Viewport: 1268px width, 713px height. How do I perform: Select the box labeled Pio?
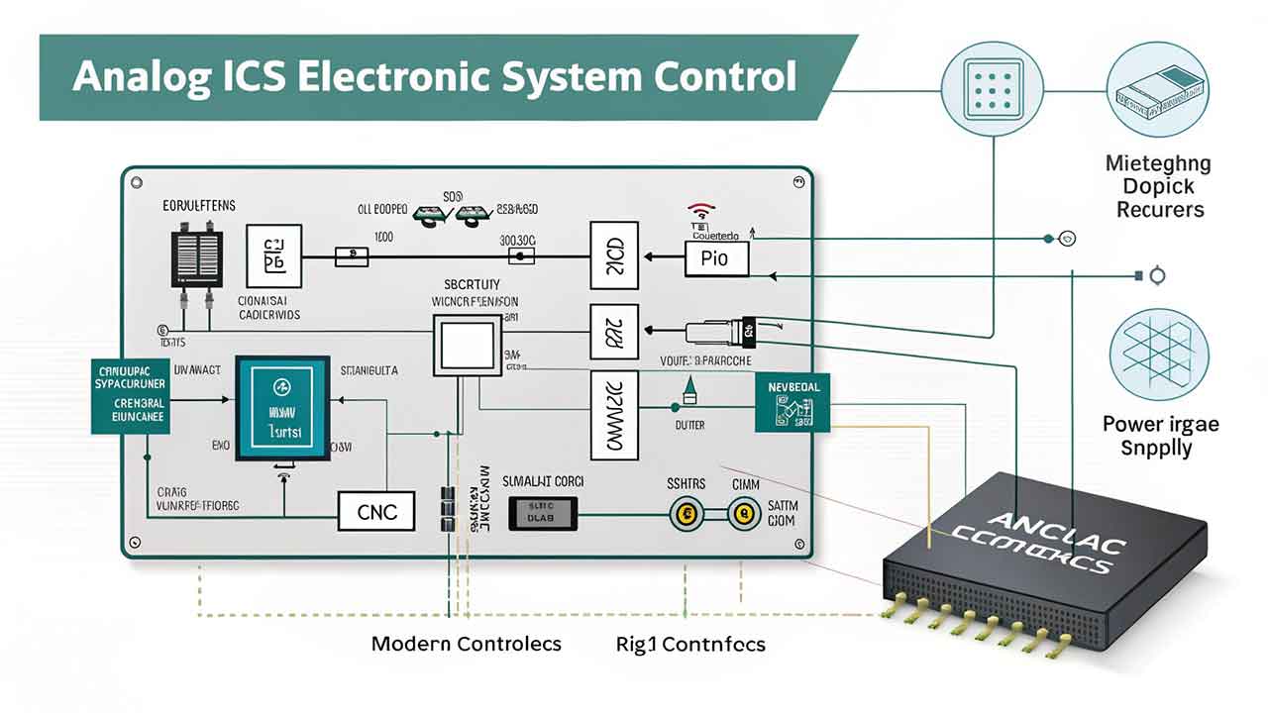pyautogui.click(x=716, y=259)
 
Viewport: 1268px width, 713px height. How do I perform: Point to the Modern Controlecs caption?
pyautogui.click(x=466, y=644)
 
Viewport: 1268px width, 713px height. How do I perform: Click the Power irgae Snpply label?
pyautogui.click(x=1161, y=437)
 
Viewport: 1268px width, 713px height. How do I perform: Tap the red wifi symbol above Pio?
pyautogui.click(x=701, y=211)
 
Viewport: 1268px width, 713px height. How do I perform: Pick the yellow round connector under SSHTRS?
pyautogui.click(x=685, y=513)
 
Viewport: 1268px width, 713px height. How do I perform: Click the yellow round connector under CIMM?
pyautogui.click(x=742, y=513)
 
